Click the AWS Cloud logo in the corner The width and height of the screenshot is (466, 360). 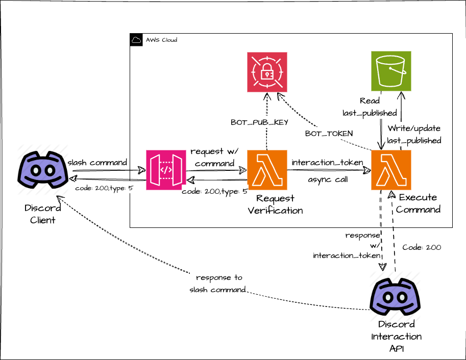(136, 40)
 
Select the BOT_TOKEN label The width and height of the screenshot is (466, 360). (329, 133)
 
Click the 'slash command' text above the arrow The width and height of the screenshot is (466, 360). (97, 162)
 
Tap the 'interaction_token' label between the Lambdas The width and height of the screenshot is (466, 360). (327, 162)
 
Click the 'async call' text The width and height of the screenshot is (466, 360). (328, 179)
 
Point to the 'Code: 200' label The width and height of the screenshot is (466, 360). (422, 247)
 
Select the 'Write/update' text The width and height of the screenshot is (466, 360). (413, 128)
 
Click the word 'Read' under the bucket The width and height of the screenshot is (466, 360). (370, 101)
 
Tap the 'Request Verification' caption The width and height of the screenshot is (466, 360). (276, 204)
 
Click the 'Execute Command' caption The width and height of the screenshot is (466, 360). (418, 203)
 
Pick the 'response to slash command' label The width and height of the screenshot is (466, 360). (218, 284)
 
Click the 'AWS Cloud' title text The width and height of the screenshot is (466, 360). (161, 40)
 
